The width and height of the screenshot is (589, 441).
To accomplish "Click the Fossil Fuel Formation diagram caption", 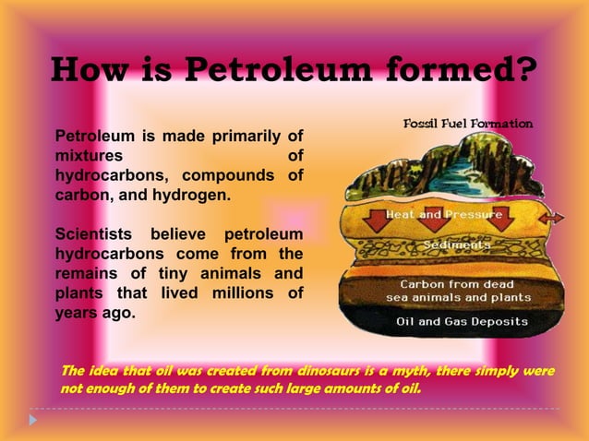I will tap(468, 124).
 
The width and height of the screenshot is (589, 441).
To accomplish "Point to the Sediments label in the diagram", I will tap(456, 245).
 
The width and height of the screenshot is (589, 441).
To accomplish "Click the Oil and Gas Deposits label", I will tap(462, 322).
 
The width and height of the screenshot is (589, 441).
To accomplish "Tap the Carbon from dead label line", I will tap(456, 284).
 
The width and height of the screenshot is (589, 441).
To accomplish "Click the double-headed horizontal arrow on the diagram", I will tap(552, 218).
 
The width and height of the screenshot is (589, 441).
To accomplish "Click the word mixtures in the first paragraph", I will tap(85, 157).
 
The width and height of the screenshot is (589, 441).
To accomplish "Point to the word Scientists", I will tap(91, 234).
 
